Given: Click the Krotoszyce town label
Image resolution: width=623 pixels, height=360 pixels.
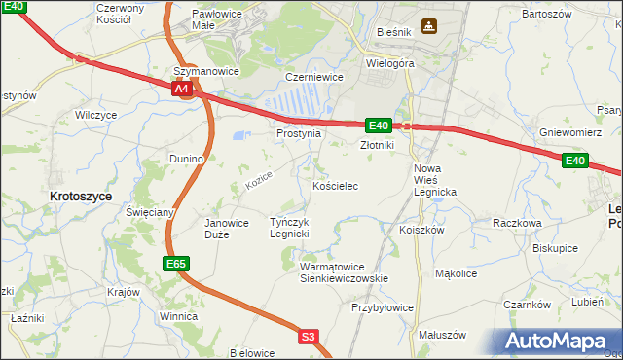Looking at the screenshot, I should (81, 196).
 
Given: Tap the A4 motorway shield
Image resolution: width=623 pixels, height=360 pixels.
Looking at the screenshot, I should (182, 90).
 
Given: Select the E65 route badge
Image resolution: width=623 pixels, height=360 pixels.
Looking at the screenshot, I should (175, 264).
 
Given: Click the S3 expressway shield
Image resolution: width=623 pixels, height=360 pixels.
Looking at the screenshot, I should (308, 337).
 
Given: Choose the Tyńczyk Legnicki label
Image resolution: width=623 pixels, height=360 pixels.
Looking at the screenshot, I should (289, 228).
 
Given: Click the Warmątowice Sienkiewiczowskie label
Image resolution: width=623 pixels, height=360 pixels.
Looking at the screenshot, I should (344, 271).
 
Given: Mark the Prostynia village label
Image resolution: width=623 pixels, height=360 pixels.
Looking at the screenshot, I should (299, 133).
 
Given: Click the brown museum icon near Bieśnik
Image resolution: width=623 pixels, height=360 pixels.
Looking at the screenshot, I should (428, 25).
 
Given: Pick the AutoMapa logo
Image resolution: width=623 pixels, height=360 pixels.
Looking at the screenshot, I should (556, 342).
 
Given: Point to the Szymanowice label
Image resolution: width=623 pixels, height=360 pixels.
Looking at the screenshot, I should (206, 71).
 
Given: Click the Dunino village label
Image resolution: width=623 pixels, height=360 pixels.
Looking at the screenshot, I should (185, 158).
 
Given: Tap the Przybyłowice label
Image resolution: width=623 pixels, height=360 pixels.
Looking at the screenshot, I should (383, 306).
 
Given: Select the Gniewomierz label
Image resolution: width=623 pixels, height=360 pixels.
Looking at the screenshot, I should (569, 132).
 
